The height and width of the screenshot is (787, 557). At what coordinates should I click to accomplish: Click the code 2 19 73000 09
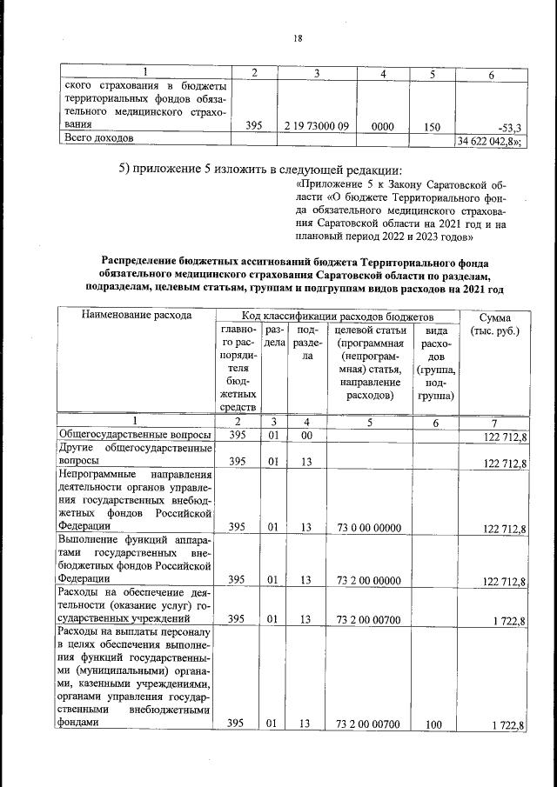[317, 126]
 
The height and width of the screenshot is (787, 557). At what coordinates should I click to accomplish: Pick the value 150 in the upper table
[432, 126]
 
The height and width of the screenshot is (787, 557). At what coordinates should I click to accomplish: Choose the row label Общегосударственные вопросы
[134, 434]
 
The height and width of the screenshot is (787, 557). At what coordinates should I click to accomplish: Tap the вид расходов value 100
[432, 724]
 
